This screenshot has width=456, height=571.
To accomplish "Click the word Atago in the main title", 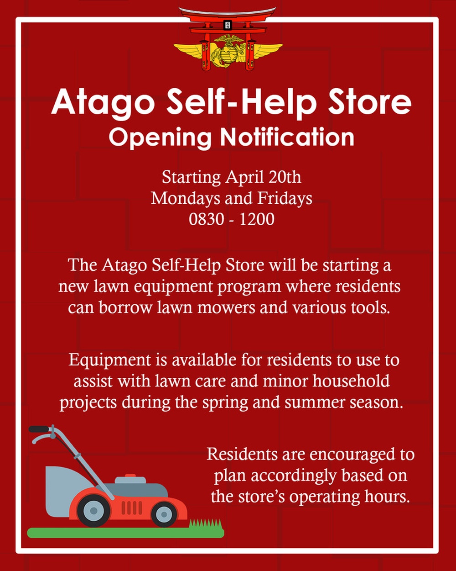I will pyautogui.click(x=103, y=102).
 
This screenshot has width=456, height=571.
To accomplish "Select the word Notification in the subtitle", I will pyautogui.click(x=287, y=137).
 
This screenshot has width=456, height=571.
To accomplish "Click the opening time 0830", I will pyautogui.click(x=206, y=219).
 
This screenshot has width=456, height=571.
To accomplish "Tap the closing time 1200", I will pyautogui.click(x=257, y=219).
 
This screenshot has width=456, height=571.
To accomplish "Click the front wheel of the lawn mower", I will pyautogui.click(x=164, y=513).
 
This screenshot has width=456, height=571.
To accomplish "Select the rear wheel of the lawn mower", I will pyautogui.click(x=93, y=510).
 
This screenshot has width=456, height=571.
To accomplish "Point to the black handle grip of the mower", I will pyautogui.click(x=39, y=429).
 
